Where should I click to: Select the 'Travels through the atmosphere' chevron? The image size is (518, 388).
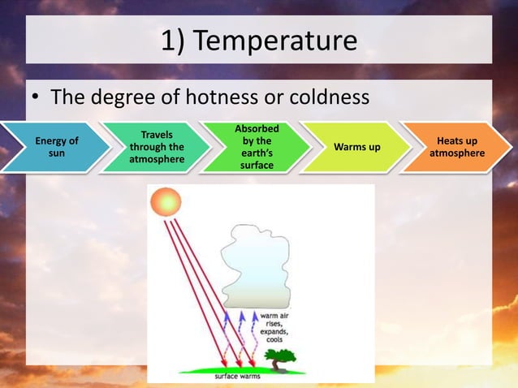156,147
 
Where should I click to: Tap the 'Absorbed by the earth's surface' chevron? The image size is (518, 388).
257,147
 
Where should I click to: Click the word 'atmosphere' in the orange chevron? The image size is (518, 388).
457,153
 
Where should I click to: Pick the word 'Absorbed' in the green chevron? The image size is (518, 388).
257,129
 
